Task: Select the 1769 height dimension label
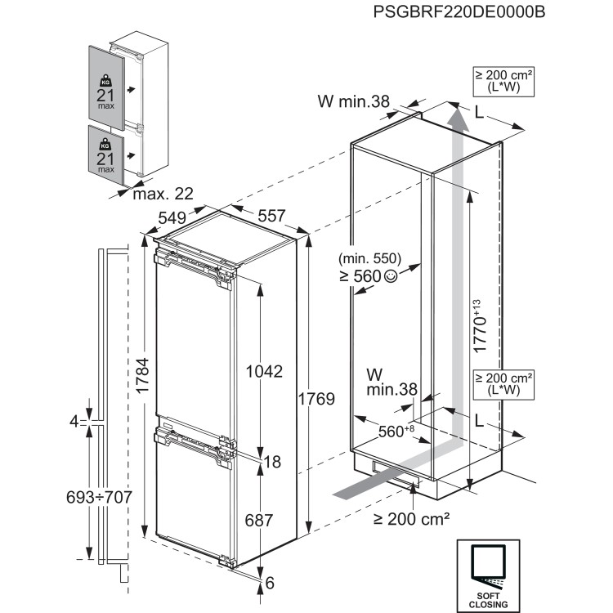(316, 399)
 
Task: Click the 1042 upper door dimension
(263, 371)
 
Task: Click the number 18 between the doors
(272, 462)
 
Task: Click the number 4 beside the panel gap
(74, 422)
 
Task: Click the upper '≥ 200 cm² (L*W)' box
(503, 81)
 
